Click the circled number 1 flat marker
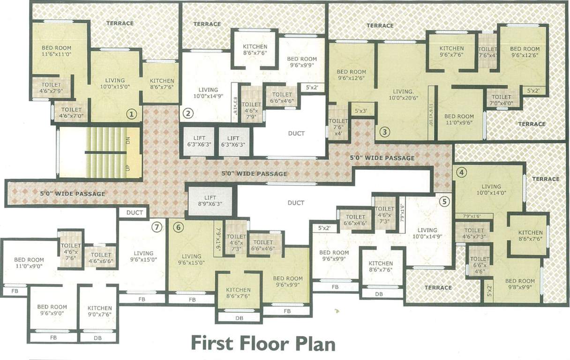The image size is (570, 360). (x=132, y=114)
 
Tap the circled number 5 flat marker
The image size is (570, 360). (x=445, y=201)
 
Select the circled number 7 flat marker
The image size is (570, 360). (x=157, y=227)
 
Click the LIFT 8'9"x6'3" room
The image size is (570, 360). (x=210, y=201)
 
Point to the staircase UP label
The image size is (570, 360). (x=127, y=167)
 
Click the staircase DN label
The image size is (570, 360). (x=127, y=139)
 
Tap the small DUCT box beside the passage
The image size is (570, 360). (x=135, y=212)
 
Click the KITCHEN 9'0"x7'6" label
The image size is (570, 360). (x=99, y=311)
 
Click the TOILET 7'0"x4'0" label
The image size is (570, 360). (x=501, y=100)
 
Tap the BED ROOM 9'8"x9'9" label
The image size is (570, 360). (x=520, y=284)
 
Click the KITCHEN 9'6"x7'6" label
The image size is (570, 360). (x=451, y=51)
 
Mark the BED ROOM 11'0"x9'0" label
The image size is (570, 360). (x=29, y=262)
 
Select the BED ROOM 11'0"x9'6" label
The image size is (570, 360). (x=459, y=119)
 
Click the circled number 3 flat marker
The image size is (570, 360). (x=384, y=132)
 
